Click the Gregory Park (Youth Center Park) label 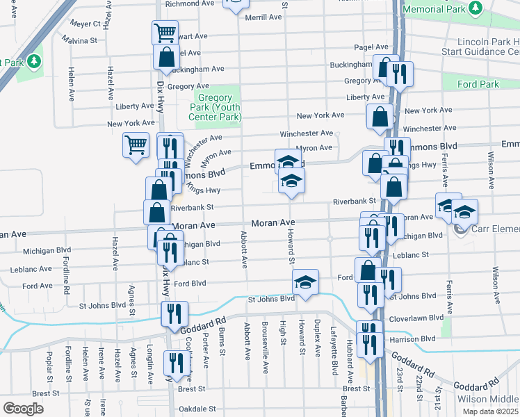click(x=218, y=107)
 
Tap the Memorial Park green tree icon click(x=476, y=8)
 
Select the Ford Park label click(x=478, y=84)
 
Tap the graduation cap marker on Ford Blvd click(x=304, y=282)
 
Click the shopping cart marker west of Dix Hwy click(x=136, y=145)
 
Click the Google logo click(x=23, y=408)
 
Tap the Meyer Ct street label click(x=86, y=23)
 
